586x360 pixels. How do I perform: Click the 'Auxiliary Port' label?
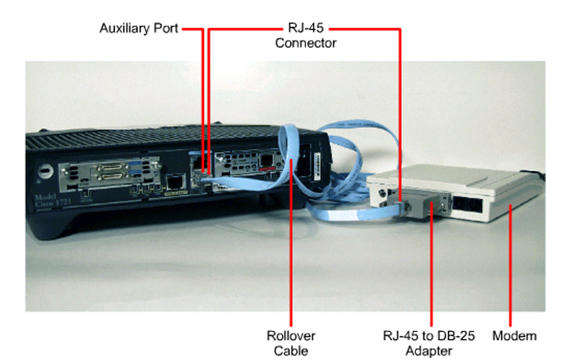pos(138,29)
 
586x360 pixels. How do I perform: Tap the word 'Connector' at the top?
pos(306,43)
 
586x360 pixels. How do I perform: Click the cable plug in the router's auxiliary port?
pos(203,178)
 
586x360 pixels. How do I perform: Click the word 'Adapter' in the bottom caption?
pos(429,350)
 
